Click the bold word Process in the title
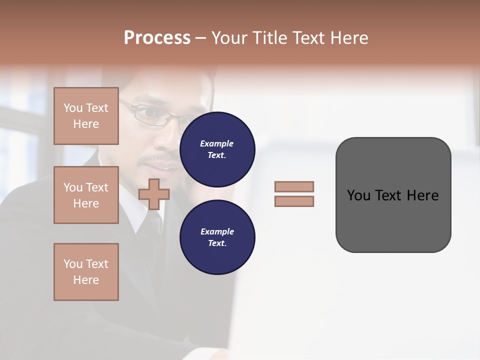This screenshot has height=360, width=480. [157, 38]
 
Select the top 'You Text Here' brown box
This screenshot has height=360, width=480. [86, 116]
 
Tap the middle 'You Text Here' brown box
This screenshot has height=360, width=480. [86, 195]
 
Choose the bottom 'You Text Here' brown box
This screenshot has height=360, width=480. [86, 272]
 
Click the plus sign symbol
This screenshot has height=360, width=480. [154, 194]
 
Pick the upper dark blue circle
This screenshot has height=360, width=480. [217, 149]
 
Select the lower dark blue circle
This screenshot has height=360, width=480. [217, 237]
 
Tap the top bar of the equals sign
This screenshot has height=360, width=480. [294, 186]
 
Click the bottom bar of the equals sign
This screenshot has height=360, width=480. [294, 201]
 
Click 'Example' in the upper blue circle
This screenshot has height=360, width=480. [217, 143]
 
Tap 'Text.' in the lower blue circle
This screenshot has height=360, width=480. [217, 243]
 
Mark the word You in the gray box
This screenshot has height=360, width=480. [358, 195]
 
